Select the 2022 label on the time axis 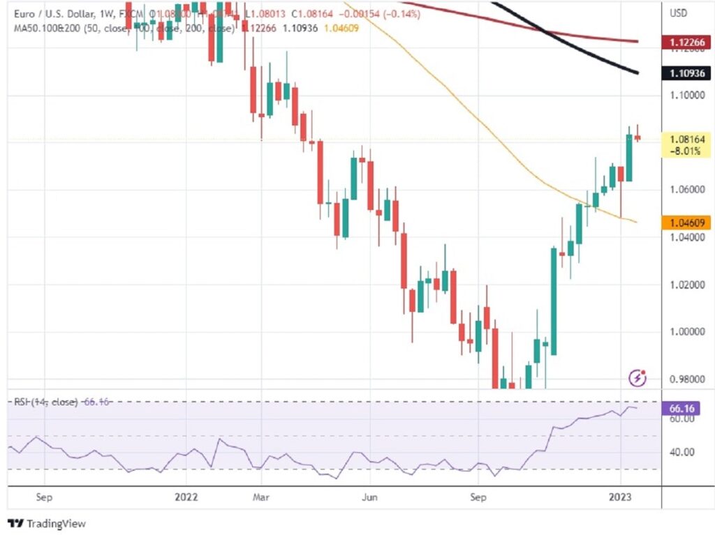point(186,497)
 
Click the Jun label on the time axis point(370,497)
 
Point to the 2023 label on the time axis point(621,497)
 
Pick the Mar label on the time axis point(260,497)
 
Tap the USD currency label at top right point(678,13)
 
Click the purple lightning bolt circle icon point(637,378)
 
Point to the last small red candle point(637,137)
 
